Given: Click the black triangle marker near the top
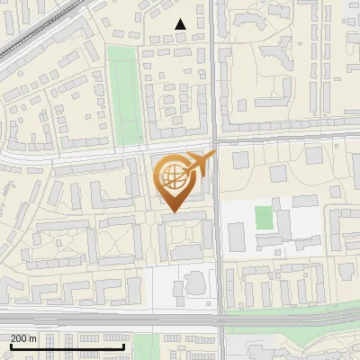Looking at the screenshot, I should pos(181,24).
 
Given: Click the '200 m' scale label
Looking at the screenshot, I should pos(23,338).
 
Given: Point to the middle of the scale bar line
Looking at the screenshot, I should pos(67,346).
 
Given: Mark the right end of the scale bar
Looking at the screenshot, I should pos(124,346).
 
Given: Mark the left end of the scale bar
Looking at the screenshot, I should pos(11,346).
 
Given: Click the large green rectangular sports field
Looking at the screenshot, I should pos(125,94).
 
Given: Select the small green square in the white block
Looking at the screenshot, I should pos(263,217).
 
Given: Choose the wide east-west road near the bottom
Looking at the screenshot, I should pos(108,318).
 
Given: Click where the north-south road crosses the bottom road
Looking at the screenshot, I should pos(219,318).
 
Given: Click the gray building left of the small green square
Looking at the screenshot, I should pos(236,236).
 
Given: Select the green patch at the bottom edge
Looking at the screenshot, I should pos(145,346).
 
